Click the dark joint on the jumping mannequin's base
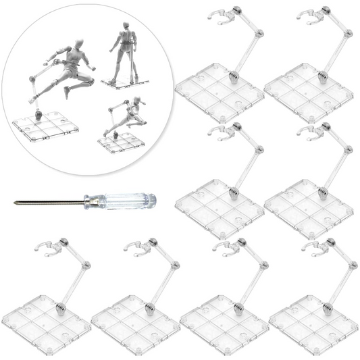coord(40,115)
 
